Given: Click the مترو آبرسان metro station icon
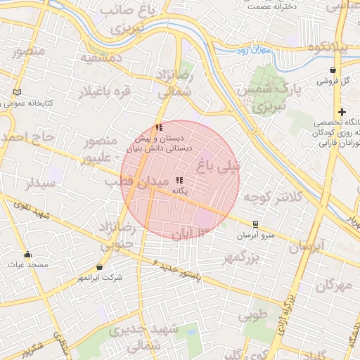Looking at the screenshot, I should tap(255, 224).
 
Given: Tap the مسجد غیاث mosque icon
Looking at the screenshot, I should tap(27, 254).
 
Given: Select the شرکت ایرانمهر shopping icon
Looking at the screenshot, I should tap(99, 267).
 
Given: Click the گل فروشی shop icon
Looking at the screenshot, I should tap(333, 70).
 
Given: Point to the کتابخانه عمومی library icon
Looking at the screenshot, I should tap(17, 92).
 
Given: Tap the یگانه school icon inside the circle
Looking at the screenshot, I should tap(179, 180).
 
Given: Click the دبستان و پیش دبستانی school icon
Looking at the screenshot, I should tap(159, 127).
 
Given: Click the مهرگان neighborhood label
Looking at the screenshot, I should tap(333, 285).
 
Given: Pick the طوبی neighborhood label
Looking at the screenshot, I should tap(252, 314).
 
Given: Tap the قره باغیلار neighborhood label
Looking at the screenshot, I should tap(107, 92).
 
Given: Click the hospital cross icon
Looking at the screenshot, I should tap(342, 112).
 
